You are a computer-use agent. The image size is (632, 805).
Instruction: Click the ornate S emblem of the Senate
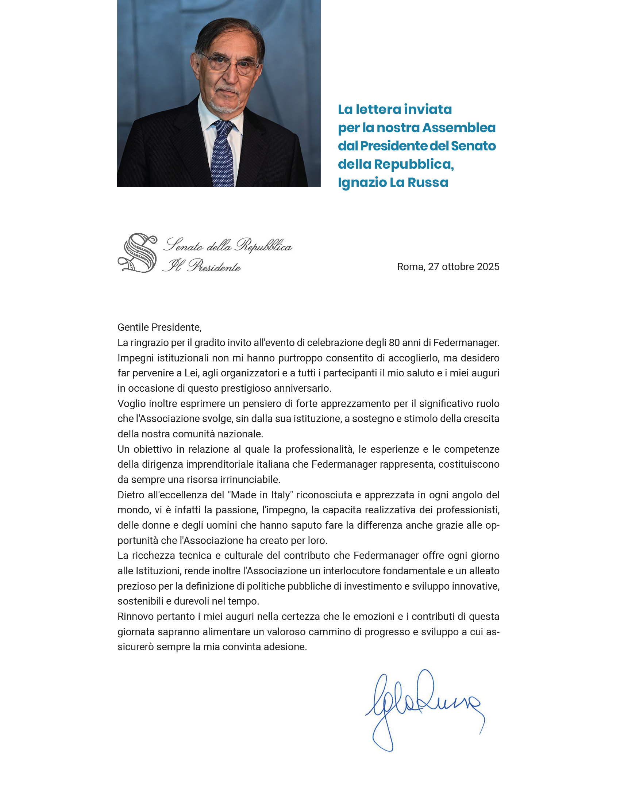click(138, 253)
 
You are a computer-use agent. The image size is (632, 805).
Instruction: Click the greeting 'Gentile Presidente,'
click(159, 327)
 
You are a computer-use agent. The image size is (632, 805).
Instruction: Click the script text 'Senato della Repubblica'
click(228, 245)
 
